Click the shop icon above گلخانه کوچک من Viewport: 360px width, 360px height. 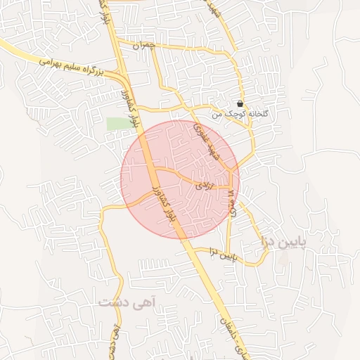[240, 103]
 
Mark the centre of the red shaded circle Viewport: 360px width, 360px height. [180, 179]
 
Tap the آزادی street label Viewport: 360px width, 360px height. [201, 185]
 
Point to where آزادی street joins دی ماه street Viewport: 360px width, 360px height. [230, 188]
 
